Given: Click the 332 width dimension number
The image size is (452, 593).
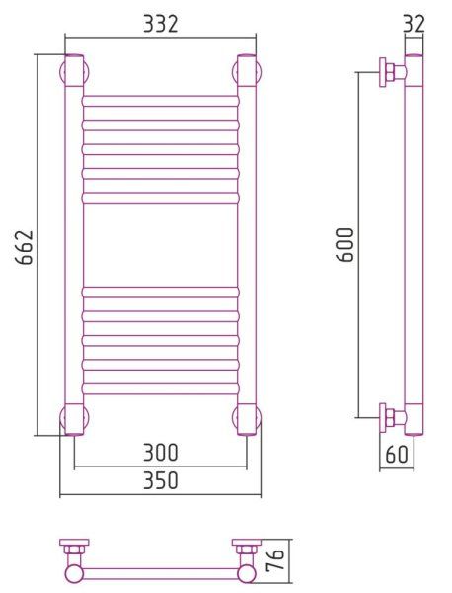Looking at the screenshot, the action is tap(160, 24).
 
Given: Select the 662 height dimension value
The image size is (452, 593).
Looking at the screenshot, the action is tap(24, 247).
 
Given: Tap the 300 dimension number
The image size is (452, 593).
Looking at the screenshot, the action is tap(160, 453).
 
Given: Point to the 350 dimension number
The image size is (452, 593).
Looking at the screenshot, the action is tap(160, 480).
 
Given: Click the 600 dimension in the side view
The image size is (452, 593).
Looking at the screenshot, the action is tap(345, 245).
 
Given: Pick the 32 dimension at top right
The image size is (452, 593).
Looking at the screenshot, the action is tap(414, 24).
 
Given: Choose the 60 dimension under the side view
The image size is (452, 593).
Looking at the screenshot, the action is tap(397, 454).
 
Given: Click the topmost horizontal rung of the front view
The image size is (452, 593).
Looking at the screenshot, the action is tap(160, 102).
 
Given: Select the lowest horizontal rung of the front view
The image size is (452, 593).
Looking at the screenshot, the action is tap(160, 389).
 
